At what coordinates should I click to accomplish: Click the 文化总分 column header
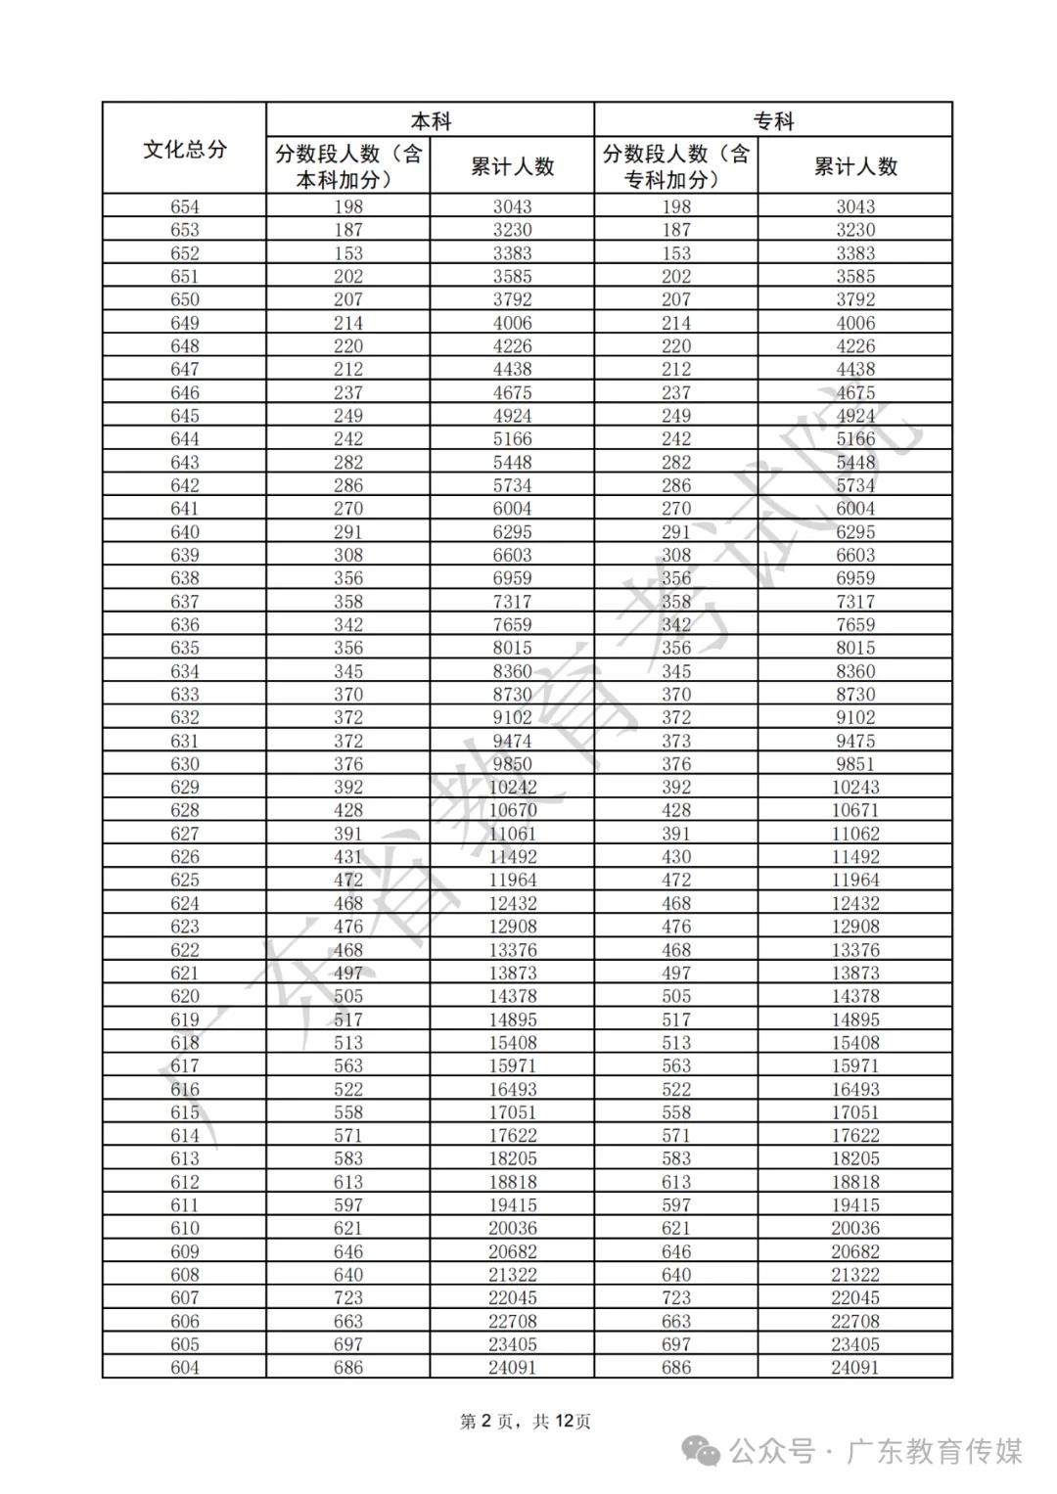(x=184, y=149)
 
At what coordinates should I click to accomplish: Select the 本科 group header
(x=431, y=121)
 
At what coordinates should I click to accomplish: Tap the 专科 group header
(x=773, y=121)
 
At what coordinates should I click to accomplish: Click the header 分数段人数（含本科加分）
(x=348, y=166)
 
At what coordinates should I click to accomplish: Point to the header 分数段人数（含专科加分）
(x=676, y=166)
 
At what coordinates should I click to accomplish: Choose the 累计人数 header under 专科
(x=855, y=166)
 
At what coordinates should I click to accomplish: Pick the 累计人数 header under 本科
(x=512, y=166)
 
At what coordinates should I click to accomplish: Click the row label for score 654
(x=184, y=206)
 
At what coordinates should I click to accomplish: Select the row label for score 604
(x=184, y=1368)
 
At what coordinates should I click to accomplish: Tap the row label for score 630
(x=184, y=764)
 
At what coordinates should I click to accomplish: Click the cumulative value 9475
(x=855, y=741)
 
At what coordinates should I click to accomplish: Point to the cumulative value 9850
(x=512, y=764)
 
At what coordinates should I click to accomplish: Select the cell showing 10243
(x=855, y=788)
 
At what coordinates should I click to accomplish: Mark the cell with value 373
(x=676, y=741)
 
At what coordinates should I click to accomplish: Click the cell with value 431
(x=348, y=857)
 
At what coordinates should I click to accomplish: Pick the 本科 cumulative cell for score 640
(x=512, y=532)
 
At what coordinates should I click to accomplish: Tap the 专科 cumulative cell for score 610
(x=855, y=1228)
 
